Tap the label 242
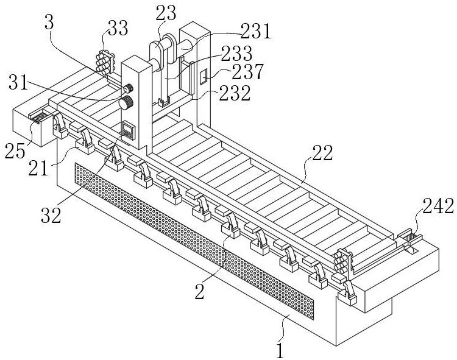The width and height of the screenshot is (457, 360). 439,208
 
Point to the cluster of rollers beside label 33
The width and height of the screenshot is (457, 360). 104,61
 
